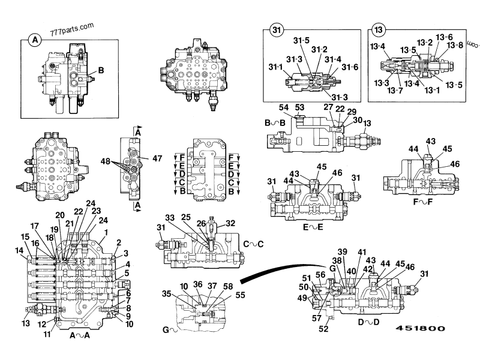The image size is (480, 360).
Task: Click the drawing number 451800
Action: pos(419,329)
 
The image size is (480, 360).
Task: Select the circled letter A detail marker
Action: pos(35,40)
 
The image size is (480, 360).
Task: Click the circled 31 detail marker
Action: pos(275,30)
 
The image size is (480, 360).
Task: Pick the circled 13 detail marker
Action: pos(378,30)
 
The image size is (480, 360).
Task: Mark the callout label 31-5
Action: pos(302,41)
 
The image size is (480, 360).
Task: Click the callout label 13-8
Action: pos(456,44)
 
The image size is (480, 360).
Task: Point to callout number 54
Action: pos(284,107)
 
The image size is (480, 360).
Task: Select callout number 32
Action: pos(230,223)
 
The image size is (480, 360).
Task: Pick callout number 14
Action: pos(20,250)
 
